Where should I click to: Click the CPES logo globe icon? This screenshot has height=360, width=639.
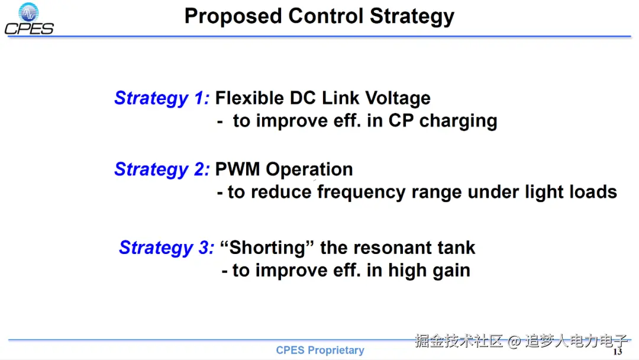(x=28, y=12)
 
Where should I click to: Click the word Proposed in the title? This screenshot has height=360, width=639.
(x=233, y=17)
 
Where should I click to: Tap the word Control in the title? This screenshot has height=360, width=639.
(x=325, y=16)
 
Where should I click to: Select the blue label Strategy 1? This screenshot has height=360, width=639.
(x=162, y=98)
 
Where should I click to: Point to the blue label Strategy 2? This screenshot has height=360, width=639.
(x=162, y=169)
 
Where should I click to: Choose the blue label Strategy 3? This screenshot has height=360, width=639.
(x=166, y=248)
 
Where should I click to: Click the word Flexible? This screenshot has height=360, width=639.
(x=249, y=98)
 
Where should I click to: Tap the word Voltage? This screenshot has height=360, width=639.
(x=398, y=98)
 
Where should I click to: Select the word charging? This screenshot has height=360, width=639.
(x=459, y=121)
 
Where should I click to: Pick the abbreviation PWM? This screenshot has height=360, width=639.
(x=238, y=169)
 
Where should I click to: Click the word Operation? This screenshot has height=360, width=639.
(x=309, y=170)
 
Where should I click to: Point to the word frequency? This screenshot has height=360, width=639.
(x=361, y=192)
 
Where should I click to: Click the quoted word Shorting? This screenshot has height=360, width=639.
(x=267, y=248)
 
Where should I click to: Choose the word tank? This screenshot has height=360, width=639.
(x=456, y=247)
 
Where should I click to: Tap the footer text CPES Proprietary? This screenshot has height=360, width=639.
(x=320, y=350)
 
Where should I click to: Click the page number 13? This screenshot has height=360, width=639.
(x=618, y=352)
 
